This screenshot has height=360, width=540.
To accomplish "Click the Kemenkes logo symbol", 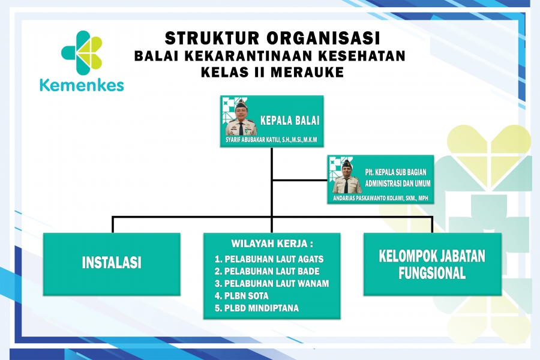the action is coord(82,52).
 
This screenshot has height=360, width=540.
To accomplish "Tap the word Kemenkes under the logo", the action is coord(82,85).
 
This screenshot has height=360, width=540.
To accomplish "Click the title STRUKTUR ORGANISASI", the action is coord(272,38).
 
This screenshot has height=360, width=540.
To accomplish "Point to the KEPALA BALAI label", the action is coord(290,121).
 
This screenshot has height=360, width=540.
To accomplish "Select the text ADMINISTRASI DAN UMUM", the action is coord(398,184).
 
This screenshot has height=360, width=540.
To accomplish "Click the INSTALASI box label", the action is coord(112,263).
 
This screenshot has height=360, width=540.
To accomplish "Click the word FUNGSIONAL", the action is coord(432,273).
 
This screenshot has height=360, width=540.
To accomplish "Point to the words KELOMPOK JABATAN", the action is coord(432,256).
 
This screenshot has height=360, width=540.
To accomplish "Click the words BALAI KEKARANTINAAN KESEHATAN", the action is coord(269,56).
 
